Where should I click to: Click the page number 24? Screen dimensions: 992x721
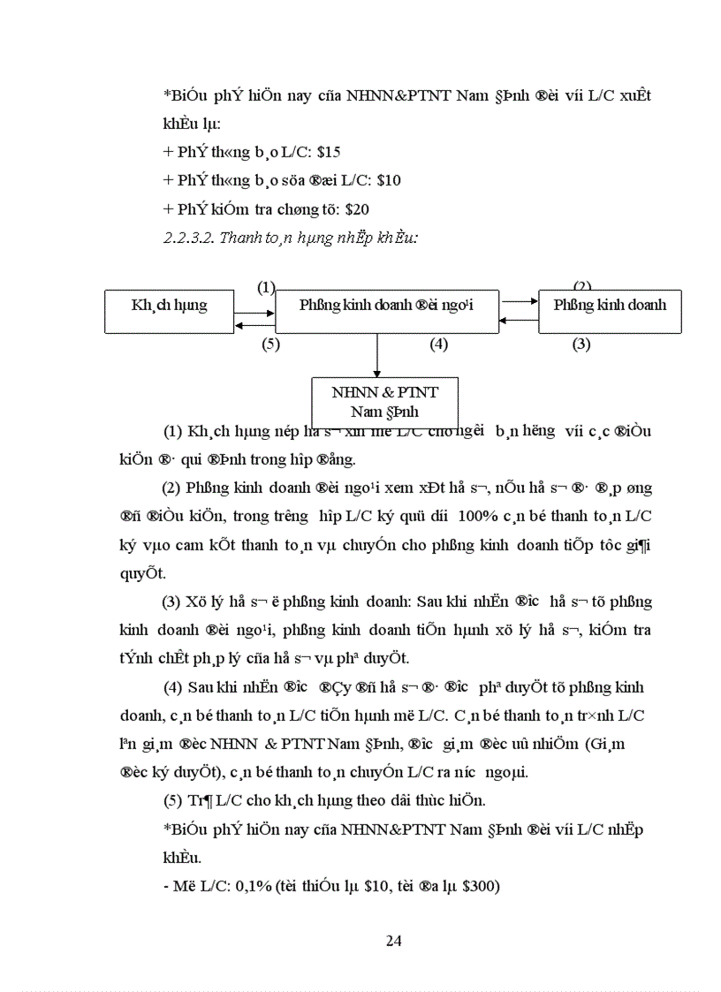394,940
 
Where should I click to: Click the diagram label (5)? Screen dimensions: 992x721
270,345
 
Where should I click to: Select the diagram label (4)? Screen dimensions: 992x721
438,345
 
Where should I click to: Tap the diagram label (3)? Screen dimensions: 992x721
581,345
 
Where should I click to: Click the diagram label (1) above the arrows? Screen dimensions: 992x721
267,287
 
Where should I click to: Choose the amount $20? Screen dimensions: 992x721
358,209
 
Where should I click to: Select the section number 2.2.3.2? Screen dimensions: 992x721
189,238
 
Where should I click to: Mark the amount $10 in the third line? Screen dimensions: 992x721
388,180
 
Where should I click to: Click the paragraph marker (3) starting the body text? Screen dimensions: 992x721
171,602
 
